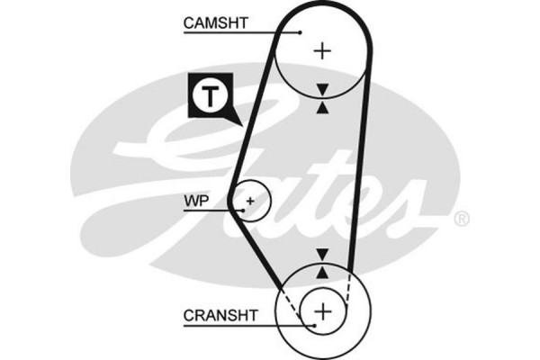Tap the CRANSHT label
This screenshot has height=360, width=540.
click(x=220, y=316)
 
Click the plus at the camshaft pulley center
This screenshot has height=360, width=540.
click(x=322, y=51)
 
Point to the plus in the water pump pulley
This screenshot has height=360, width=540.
click(x=251, y=200)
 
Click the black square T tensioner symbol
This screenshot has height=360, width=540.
click(x=210, y=95)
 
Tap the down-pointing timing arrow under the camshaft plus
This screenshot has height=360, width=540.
click(x=322, y=88)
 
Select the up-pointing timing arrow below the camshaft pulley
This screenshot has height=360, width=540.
click(x=322, y=107)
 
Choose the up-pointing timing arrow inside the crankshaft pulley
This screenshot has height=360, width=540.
click(x=322, y=271)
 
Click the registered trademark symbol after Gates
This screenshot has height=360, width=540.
click(x=460, y=219)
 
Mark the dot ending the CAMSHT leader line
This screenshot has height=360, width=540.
click(x=299, y=33)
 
